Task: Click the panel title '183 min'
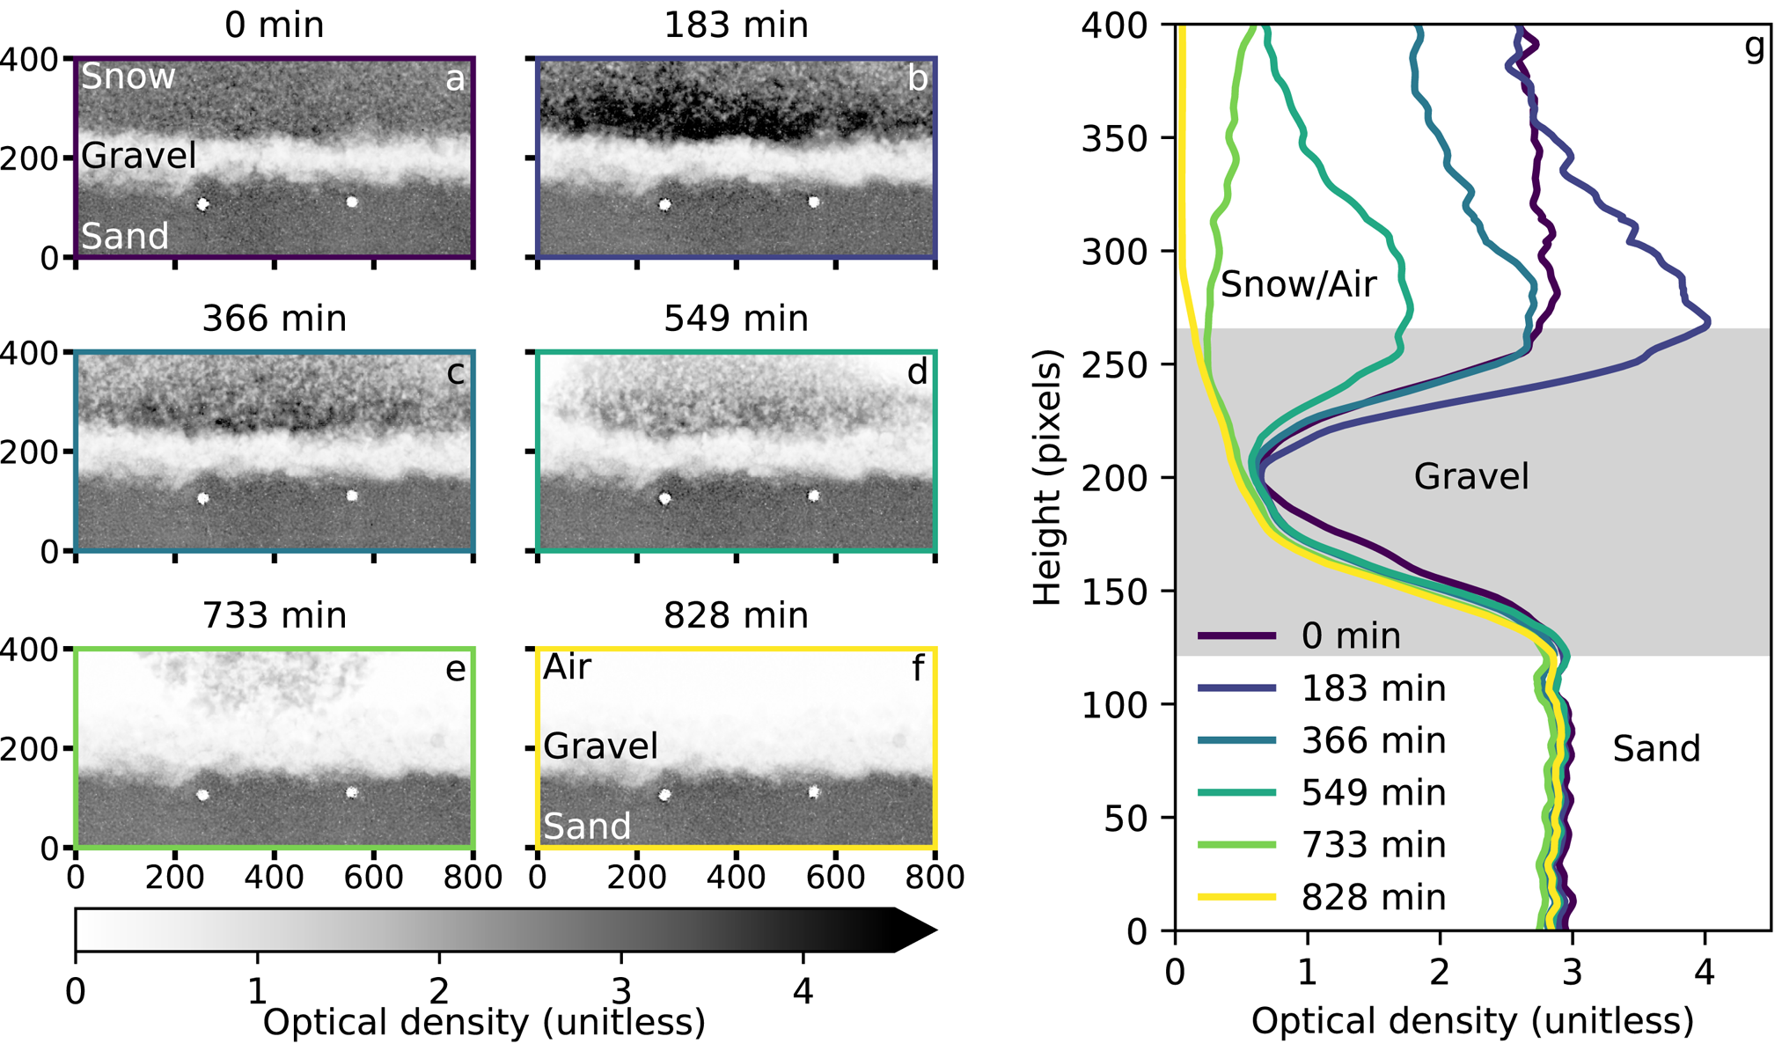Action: [736, 25]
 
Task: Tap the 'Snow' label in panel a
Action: [128, 77]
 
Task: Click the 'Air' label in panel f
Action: [568, 667]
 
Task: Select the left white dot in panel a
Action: [203, 204]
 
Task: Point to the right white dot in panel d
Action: [814, 496]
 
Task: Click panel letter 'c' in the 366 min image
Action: [455, 372]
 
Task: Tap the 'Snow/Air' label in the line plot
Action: [1298, 284]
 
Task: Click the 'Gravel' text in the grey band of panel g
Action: [1471, 476]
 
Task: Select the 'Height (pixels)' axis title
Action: [1047, 478]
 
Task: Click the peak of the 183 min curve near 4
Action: [1708, 323]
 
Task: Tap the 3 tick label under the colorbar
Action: [621, 991]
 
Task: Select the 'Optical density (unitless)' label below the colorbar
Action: [484, 1023]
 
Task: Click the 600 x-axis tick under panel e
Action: [374, 877]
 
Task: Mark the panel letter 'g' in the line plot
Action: [1754, 48]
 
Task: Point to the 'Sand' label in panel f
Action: [587, 827]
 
